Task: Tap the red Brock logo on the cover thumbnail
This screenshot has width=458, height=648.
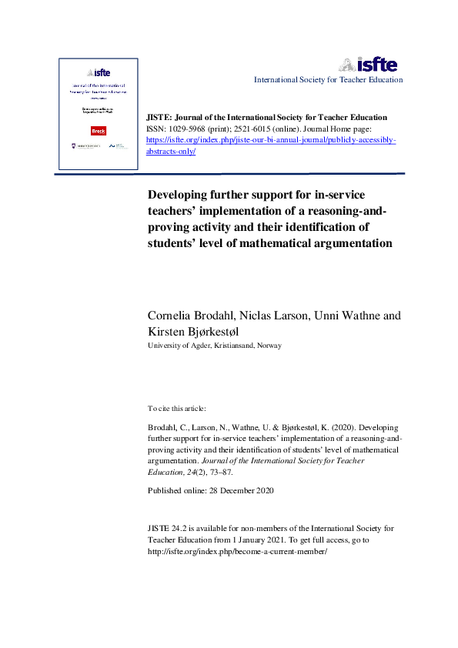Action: [x=98, y=130]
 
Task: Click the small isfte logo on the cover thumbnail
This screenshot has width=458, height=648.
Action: [x=98, y=72]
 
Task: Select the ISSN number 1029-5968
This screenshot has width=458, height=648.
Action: [x=190, y=129]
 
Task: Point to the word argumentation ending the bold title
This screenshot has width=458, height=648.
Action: [x=350, y=243]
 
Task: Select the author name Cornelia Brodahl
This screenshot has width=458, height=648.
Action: [x=192, y=316]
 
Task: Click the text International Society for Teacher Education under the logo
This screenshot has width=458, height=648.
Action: [x=328, y=79]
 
